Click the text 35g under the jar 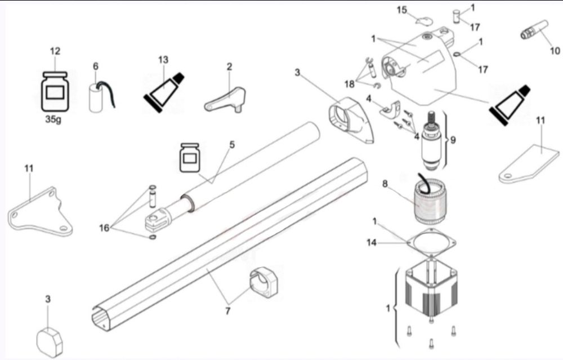tap(53, 119)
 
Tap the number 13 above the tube tap(163, 60)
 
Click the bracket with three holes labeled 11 tap(39, 212)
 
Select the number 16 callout tap(104, 228)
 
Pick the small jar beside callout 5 tap(189, 157)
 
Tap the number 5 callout tap(232, 144)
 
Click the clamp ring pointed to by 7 tap(265, 282)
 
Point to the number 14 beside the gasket tap(372, 243)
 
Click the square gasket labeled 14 tap(431, 243)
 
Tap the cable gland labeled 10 tap(534, 29)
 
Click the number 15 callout tap(402, 10)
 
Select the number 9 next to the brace tap(453, 140)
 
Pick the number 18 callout tap(350, 84)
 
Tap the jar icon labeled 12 tap(55, 92)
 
